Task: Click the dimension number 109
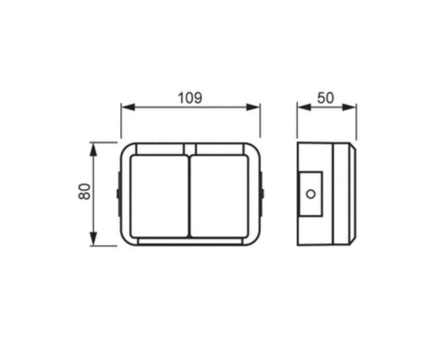(190, 98)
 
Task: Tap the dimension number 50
(325, 98)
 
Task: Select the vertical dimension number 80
(84, 192)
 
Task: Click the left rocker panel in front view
(159, 196)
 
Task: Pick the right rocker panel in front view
(220, 196)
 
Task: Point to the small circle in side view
(311, 194)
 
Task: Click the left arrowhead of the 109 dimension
(128, 107)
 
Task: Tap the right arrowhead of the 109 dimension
(253, 107)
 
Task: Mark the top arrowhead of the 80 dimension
(94, 150)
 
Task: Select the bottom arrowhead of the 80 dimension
(94, 238)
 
